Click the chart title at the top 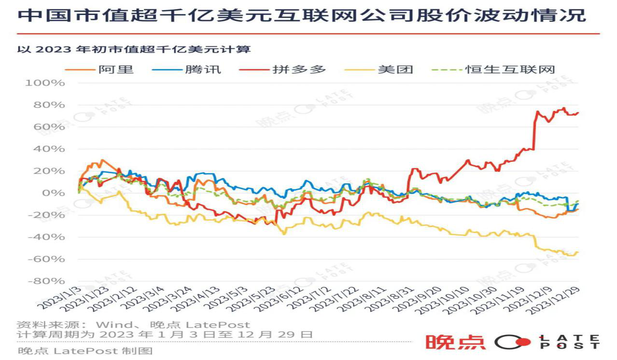(x=302, y=15)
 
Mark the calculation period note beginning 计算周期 (x=165, y=334)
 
